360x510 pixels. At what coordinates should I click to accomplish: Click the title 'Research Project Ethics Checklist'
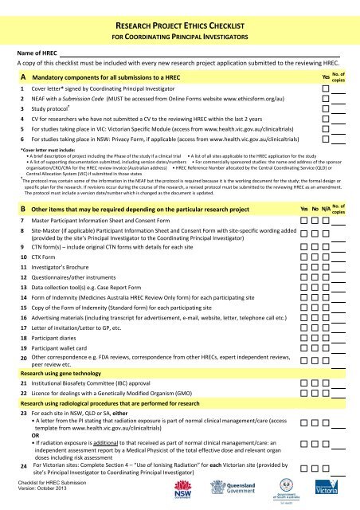pyautogui.click(x=179, y=24)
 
